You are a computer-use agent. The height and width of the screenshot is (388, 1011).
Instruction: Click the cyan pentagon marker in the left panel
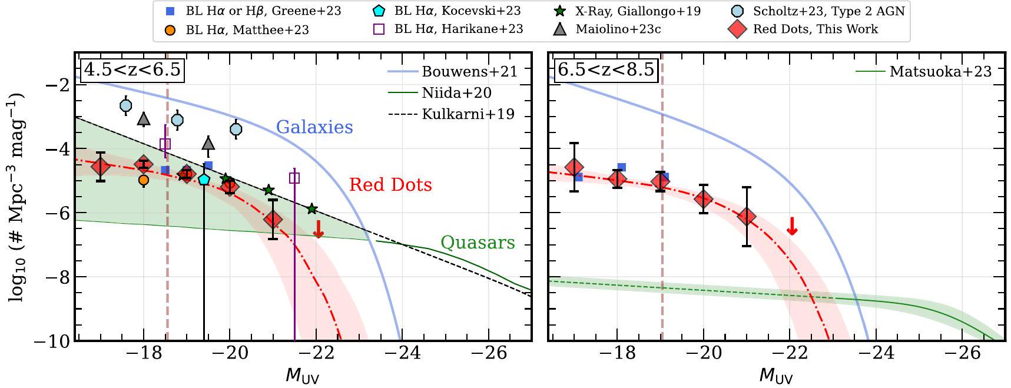point(204,179)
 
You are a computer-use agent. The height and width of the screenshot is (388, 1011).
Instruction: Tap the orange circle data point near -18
point(144,180)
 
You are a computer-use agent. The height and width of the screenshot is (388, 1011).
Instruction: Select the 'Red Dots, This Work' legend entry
point(815,29)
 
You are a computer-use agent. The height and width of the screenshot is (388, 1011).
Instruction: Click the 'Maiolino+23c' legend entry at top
point(618,29)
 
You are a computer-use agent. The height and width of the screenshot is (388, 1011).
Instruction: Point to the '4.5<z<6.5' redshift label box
point(132,70)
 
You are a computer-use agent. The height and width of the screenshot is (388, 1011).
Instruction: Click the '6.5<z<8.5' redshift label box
point(606,70)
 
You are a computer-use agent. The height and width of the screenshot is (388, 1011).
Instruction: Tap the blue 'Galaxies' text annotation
point(314,127)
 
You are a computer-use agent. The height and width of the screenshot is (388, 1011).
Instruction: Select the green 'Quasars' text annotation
point(478,243)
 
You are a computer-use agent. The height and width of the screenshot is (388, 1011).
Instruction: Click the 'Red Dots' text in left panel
point(390,185)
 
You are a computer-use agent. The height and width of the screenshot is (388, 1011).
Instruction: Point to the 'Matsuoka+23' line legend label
point(940,72)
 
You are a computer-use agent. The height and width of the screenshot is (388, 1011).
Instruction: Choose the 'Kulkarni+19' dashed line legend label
point(468,114)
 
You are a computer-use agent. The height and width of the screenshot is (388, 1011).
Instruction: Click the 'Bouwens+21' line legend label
point(469,72)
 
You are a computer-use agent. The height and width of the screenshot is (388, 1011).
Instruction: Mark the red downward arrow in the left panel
point(319,230)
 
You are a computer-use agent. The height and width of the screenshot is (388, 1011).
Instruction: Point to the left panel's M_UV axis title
point(303,375)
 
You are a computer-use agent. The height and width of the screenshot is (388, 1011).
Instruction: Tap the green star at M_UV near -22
point(312,209)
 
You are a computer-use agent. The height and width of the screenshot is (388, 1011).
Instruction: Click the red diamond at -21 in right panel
point(747,217)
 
